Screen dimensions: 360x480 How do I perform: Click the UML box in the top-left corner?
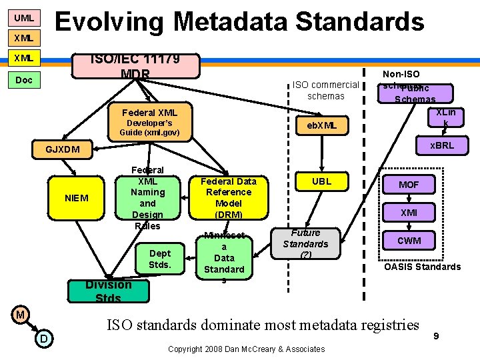[x=23, y=17]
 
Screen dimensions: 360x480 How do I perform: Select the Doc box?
[x=23, y=80]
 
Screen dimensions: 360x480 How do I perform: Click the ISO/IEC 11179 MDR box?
[x=135, y=66]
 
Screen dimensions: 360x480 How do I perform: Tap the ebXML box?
[x=322, y=125]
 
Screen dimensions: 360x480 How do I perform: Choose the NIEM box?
[x=76, y=198]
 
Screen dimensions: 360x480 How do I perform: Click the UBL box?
[x=321, y=181]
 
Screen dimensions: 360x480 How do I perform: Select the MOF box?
[x=409, y=185]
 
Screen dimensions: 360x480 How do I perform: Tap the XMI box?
[x=409, y=213]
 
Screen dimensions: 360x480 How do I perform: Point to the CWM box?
[x=409, y=241]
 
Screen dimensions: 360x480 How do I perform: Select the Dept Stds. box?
[x=160, y=259]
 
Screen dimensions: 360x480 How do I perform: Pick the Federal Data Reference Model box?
[x=229, y=197]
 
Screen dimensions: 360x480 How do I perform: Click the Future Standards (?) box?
[x=305, y=243]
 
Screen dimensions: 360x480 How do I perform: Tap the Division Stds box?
[x=108, y=291]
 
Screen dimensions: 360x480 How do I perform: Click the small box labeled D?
[x=43, y=339]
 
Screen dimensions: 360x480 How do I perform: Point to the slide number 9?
[x=435, y=337]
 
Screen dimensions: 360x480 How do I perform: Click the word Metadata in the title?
[x=231, y=21]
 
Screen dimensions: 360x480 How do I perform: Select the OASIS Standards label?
[x=421, y=267]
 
